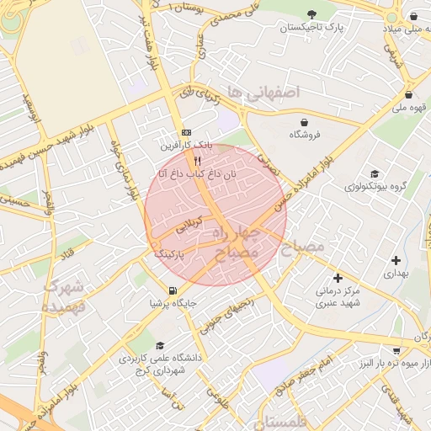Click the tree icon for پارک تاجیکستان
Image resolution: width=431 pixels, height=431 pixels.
click(312, 14)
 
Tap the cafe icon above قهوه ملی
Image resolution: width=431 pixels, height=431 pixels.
click(408, 95)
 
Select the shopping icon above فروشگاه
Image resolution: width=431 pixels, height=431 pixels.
click(303, 121)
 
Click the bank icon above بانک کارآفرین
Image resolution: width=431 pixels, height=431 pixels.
click(186, 132)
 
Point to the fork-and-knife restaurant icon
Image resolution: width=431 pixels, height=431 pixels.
click(197, 160)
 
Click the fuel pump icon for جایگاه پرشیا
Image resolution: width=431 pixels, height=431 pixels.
click(173, 290)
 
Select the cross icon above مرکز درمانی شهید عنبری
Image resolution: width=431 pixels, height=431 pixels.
click(338, 278)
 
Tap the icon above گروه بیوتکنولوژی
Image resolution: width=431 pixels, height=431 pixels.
click(375, 173)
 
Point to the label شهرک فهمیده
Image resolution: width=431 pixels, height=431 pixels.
click(65, 296)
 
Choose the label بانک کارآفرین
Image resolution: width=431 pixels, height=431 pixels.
click(186, 146)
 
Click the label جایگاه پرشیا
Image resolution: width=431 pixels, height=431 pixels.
click(173, 303)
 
